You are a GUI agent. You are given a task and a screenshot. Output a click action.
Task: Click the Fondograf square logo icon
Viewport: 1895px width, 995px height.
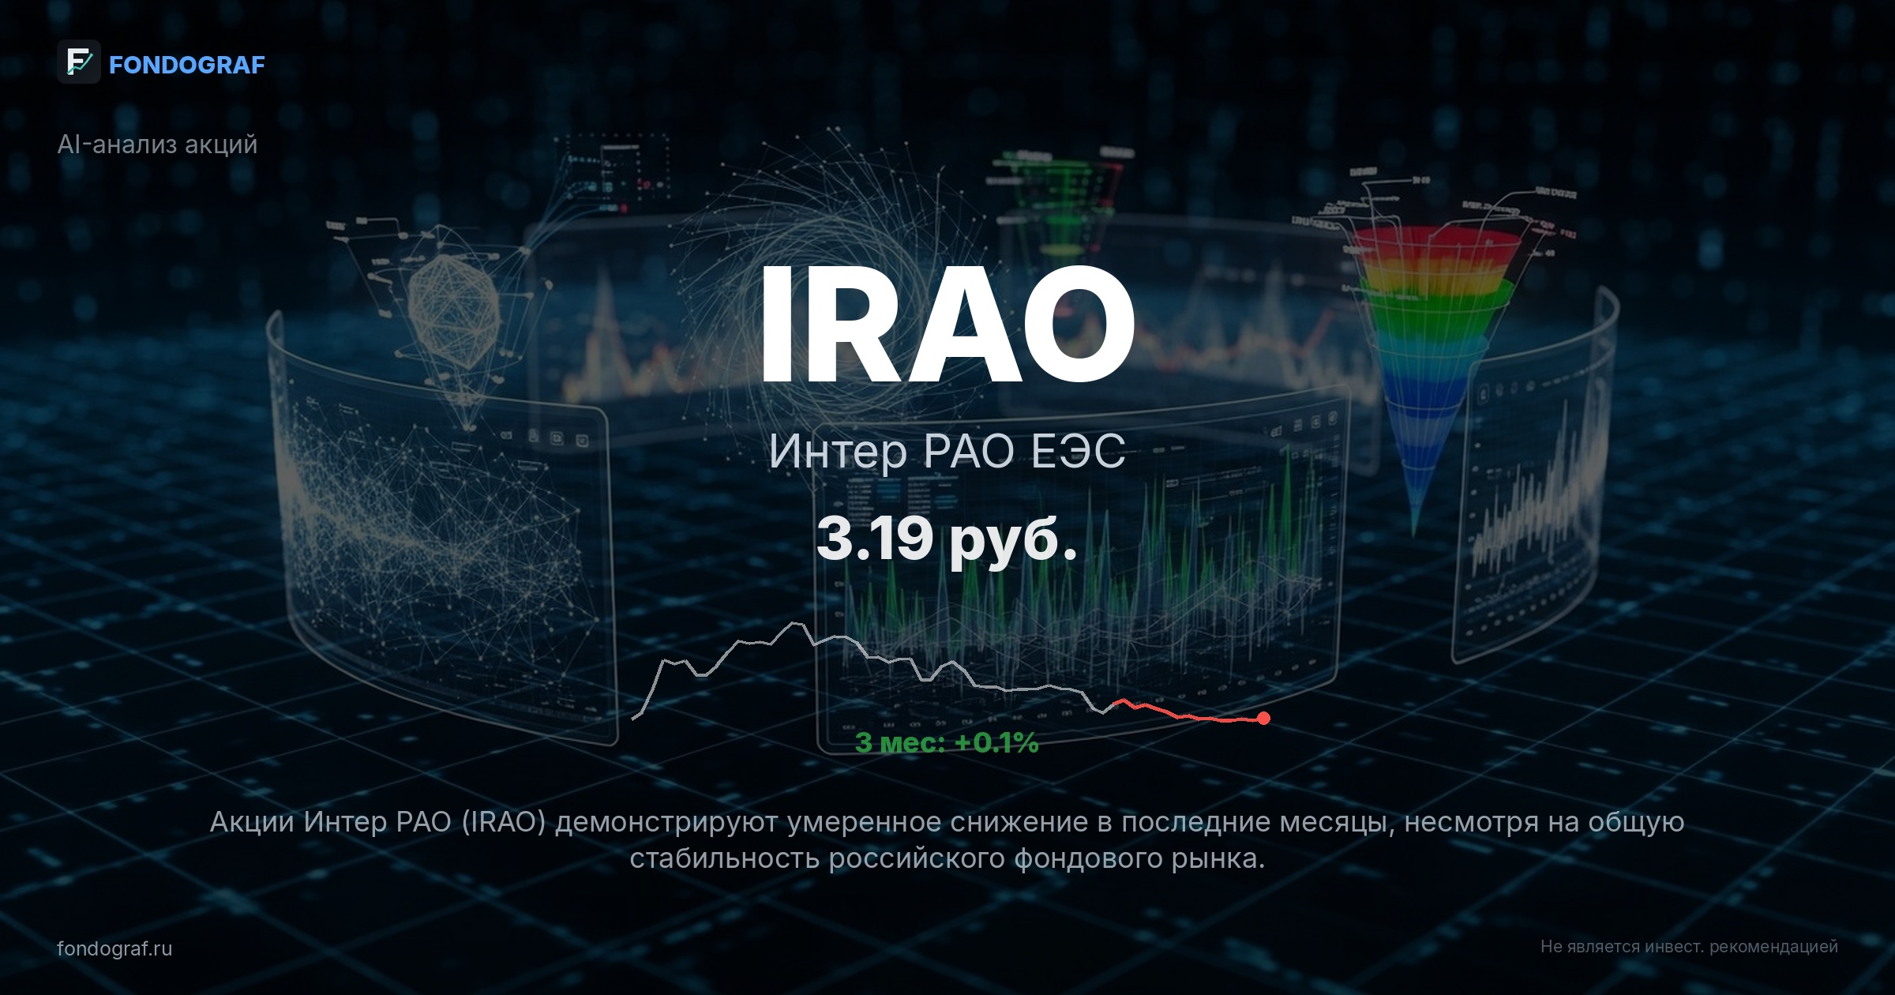[78, 62]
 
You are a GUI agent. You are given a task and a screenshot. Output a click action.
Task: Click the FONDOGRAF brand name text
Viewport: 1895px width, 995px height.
[186, 65]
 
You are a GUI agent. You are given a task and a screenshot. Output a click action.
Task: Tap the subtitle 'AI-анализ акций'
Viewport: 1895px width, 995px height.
[157, 145]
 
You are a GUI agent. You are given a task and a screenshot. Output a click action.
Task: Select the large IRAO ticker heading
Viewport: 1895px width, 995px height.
[947, 324]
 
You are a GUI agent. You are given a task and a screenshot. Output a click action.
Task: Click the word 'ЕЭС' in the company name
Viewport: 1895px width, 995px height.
[1079, 452]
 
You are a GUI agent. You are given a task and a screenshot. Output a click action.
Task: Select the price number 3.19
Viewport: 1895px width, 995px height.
[874, 539]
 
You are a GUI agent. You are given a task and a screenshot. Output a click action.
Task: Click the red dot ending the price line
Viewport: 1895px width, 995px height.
[1264, 718]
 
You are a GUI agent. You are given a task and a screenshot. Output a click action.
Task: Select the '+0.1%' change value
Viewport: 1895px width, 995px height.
[996, 743]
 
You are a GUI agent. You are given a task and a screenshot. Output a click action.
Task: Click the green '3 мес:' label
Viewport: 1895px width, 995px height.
[900, 743]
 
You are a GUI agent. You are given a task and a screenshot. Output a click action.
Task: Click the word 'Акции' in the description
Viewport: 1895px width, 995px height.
[252, 823]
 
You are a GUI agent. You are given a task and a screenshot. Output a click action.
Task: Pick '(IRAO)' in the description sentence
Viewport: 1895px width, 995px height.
[504, 823]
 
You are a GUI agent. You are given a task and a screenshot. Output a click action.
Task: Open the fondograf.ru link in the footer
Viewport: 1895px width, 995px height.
[114, 948]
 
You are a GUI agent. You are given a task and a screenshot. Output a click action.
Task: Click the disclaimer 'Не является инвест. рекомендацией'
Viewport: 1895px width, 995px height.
[1689, 947]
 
